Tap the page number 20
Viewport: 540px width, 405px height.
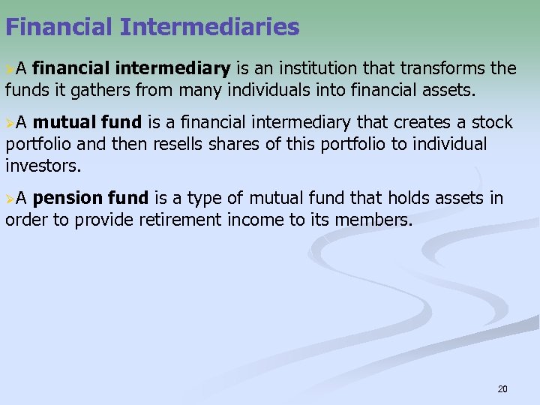coord(502,388)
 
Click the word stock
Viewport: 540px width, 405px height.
coord(493,122)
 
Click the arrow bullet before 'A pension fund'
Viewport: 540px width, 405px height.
coord(10,199)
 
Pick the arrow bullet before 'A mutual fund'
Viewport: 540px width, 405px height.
coord(10,123)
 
